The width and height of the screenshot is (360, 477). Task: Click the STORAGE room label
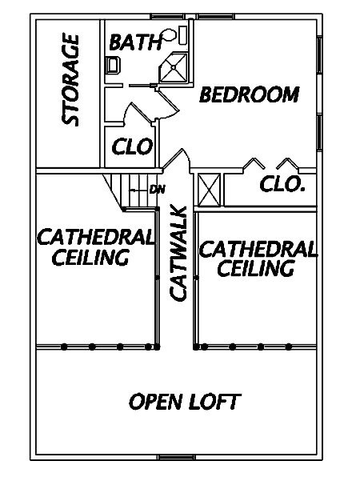(70, 80)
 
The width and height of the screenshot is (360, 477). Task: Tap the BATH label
(135, 42)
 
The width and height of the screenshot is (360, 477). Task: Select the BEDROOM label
(250, 94)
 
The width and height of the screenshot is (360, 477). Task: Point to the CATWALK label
(178, 254)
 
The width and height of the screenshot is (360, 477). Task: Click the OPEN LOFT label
(185, 402)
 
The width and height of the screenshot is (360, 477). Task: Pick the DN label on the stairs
(158, 190)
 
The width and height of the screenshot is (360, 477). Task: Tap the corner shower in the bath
(174, 67)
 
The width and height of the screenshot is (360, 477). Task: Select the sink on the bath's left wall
(113, 66)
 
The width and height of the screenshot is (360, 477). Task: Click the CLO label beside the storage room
(132, 146)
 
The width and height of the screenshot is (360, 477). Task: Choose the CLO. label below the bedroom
(282, 184)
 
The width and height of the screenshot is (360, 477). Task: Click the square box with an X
(209, 190)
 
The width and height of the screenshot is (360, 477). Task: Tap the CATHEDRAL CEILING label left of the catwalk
(95, 247)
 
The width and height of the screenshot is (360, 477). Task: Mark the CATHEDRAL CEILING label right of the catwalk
(258, 259)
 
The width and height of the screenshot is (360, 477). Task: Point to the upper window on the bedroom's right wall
(319, 54)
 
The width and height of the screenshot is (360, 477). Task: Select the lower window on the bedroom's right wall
(319, 132)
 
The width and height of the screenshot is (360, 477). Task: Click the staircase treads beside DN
(133, 191)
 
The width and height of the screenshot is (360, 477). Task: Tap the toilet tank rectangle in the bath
(184, 35)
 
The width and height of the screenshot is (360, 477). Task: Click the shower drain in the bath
(174, 67)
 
